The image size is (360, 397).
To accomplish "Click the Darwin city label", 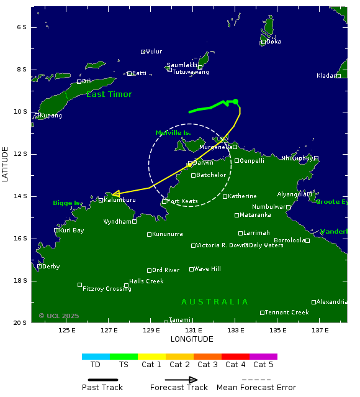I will [203, 163].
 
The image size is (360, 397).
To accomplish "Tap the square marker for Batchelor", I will [194, 175].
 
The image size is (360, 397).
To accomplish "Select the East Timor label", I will [109, 94].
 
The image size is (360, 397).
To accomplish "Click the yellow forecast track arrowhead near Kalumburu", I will [115, 194].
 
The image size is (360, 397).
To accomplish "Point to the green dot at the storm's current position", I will [235, 101].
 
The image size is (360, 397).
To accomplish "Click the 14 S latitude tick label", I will [21, 196].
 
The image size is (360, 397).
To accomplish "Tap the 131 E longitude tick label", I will [193, 330].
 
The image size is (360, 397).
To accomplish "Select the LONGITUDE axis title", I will [192, 339].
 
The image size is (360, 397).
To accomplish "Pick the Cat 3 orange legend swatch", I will [207, 357].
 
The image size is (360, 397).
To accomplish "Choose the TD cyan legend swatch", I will [96, 357].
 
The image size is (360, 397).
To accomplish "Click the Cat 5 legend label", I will [263, 365].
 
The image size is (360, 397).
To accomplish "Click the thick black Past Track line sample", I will [99, 380].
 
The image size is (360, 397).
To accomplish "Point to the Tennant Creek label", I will [287, 313].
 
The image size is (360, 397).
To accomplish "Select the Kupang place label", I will [52, 116].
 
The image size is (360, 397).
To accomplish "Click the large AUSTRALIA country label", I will [215, 302].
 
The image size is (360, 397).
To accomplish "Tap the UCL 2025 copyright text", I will [59, 316].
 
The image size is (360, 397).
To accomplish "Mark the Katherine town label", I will [242, 196].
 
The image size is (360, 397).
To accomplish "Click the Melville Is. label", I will [173, 133].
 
